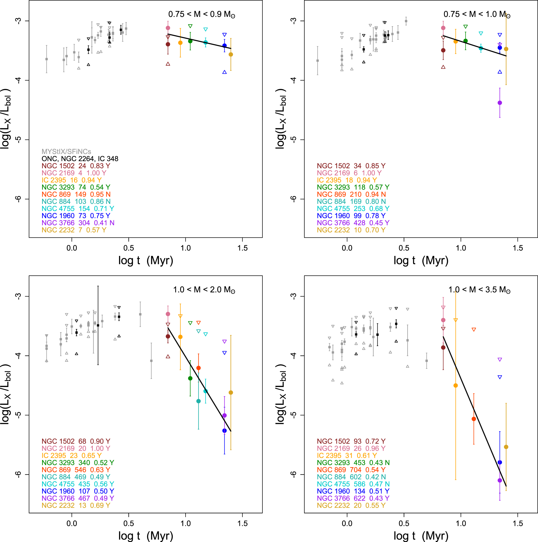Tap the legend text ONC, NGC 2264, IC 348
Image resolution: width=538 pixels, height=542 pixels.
[80, 159]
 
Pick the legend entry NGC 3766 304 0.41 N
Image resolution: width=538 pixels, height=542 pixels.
[78, 223]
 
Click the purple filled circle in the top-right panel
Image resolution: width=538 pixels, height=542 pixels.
[500, 103]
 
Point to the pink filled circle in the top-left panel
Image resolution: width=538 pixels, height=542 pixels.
[168, 28]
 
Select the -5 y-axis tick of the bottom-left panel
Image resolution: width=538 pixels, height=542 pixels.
[18, 415]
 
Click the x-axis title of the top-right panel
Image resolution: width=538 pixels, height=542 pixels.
[421, 261]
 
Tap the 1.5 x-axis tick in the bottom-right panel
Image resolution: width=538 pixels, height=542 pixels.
[517, 524]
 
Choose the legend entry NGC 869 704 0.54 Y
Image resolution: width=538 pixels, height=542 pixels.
[351, 470]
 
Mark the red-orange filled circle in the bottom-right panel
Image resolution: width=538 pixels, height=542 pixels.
[474, 419]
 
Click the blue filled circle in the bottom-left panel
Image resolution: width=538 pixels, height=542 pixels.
[224, 431]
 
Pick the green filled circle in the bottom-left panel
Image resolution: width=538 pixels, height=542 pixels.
[190, 378]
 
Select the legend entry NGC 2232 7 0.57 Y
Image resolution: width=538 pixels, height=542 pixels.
[74, 230]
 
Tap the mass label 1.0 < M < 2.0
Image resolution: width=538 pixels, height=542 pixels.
[204, 289]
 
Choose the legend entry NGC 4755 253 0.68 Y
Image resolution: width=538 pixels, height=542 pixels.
[353, 209]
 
